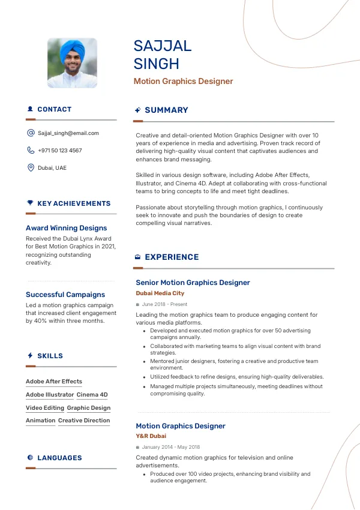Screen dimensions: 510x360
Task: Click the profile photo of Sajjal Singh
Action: coord(72,64)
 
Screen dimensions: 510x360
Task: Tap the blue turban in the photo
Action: coord(71,47)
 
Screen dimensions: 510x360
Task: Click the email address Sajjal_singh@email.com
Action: coord(68,133)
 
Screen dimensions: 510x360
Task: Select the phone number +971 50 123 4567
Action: coord(60,151)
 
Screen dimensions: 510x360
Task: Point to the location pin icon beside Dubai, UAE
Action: coord(31,168)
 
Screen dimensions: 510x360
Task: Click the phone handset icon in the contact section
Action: coord(31,151)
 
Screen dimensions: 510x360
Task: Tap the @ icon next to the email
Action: coord(31,133)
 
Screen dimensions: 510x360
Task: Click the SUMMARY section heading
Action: coord(166,110)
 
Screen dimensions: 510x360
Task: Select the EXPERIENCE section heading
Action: coord(172,257)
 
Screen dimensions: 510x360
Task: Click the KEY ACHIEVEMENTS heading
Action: coord(74,204)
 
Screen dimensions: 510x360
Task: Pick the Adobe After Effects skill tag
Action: coord(54,382)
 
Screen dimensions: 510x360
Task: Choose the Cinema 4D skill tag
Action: coord(92,395)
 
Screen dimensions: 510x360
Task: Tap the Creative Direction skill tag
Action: coord(84,421)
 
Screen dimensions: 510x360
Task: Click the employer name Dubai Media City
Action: coord(160,293)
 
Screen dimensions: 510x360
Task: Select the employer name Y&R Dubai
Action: coord(151,436)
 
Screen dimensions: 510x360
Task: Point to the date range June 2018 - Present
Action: coord(164,305)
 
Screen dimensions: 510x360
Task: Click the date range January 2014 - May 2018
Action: coord(171,448)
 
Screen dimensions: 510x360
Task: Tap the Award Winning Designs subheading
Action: coord(66,228)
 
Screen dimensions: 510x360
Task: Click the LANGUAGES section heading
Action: coord(59,458)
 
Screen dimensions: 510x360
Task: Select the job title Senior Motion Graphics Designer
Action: coord(193,283)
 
